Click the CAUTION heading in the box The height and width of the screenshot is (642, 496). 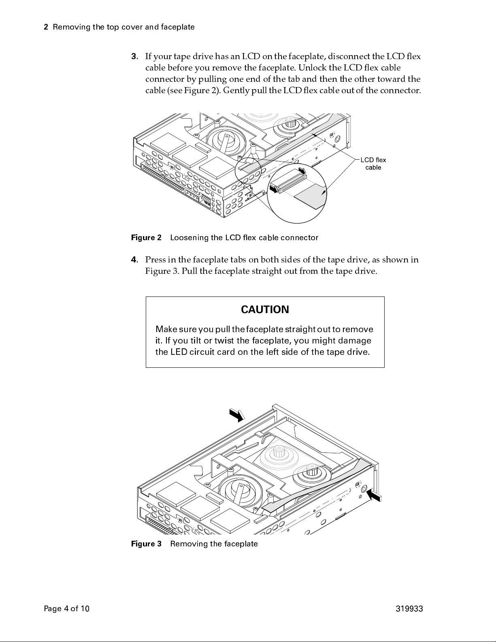pos(265,310)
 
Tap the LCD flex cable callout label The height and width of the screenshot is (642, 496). pos(373,164)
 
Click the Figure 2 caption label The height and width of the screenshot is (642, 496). pos(146,238)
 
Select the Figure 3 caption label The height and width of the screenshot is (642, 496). pos(146,544)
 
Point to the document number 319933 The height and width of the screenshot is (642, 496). pos(409,609)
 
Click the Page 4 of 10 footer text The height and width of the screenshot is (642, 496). pos(66,609)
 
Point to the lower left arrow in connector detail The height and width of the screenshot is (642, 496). pos(274,189)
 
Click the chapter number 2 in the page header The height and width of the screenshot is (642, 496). pos(46,27)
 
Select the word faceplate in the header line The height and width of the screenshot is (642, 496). pos(177,27)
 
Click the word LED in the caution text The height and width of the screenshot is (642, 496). pos(178,352)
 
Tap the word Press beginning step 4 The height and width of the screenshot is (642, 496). pos(155,260)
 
